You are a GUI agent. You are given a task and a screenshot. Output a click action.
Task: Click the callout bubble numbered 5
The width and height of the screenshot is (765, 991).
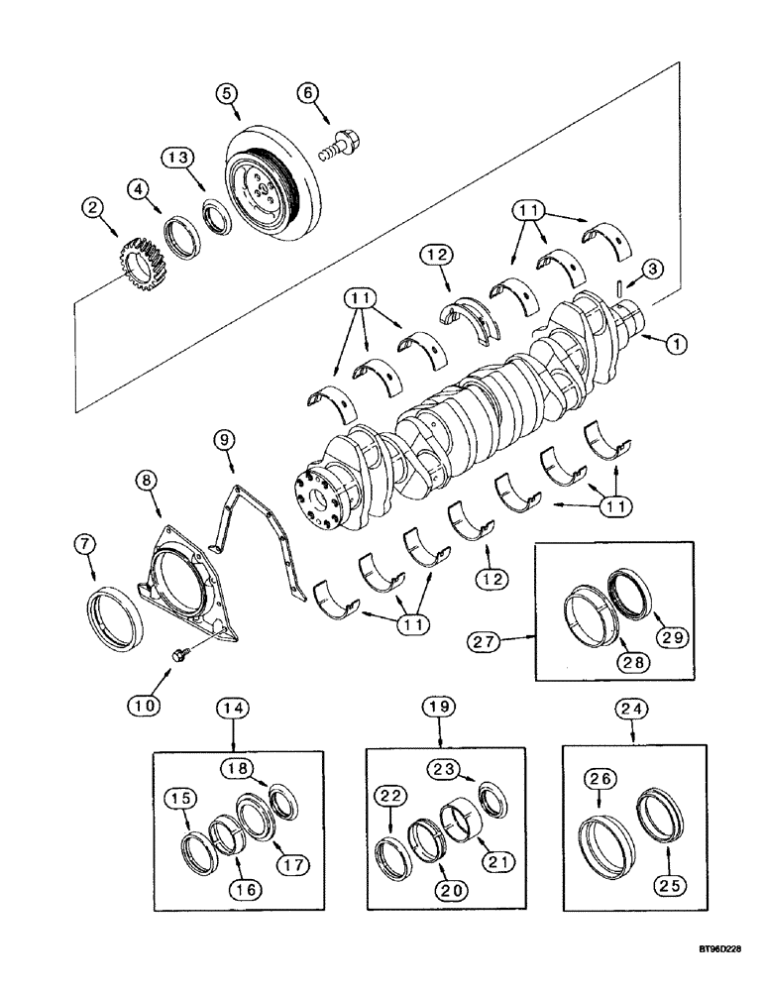point(227,93)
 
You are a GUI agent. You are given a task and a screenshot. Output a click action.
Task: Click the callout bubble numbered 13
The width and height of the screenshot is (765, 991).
point(175,159)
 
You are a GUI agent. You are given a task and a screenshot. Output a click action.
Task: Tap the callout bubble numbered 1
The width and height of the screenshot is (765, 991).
point(676,345)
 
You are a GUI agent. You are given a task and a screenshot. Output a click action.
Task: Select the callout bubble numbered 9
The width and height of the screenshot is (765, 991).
point(226,436)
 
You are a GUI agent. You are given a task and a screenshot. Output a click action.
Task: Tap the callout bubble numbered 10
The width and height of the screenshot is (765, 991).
point(144,705)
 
